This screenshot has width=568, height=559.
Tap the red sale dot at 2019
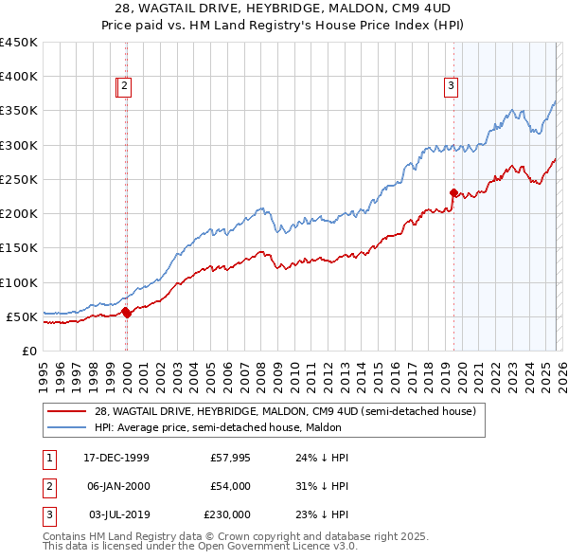pyautogui.click(x=453, y=192)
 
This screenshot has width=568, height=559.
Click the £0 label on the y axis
pyautogui.click(x=29, y=351)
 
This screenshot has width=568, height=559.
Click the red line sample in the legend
pyautogui.click(x=68, y=411)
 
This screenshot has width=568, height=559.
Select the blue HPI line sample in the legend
pyautogui.click(x=68, y=427)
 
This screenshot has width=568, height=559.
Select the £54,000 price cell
pyautogui.click(x=230, y=486)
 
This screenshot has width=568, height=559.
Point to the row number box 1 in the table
pyautogui.click(x=47, y=458)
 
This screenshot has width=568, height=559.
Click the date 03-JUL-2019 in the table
pyautogui.click(x=116, y=514)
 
